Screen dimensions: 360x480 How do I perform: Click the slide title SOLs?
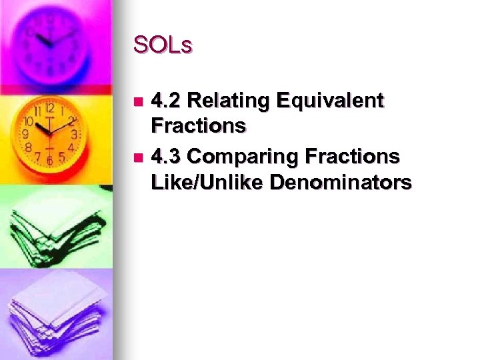(163, 45)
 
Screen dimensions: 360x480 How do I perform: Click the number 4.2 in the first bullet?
(167, 101)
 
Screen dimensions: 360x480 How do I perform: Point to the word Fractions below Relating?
(199, 125)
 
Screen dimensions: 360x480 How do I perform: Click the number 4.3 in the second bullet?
(167, 157)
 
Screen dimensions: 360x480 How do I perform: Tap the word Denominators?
(340, 181)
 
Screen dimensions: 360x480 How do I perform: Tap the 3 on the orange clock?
(74, 133)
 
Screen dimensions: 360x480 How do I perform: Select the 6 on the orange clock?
(49, 160)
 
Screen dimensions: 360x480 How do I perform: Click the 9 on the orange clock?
(25, 134)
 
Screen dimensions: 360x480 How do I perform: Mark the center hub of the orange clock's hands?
(49, 132)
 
